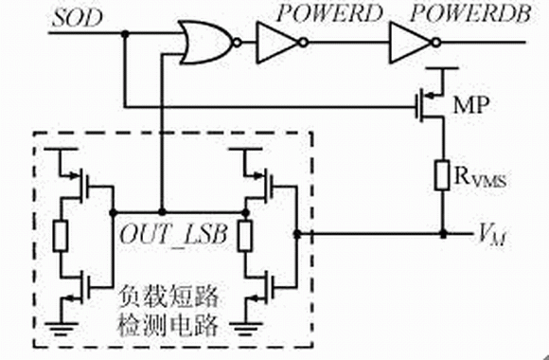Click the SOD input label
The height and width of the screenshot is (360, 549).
(78, 19)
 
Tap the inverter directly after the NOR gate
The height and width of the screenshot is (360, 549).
(282, 43)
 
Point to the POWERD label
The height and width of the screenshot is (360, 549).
(329, 14)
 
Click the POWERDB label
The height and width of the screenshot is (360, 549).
(470, 14)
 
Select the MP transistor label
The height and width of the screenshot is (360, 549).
(470, 105)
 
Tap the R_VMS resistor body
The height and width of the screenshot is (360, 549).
(443, 175)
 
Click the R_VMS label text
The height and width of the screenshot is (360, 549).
(480, 178)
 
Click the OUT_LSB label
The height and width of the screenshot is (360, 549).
(173, 235)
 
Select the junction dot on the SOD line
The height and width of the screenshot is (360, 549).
(125, 34)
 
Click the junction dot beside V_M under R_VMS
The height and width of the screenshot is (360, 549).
(443, 233)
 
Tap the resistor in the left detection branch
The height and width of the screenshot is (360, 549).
(61, 236)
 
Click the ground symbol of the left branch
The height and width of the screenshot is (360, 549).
(61, 329)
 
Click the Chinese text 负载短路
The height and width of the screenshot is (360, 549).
(168, 297)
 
